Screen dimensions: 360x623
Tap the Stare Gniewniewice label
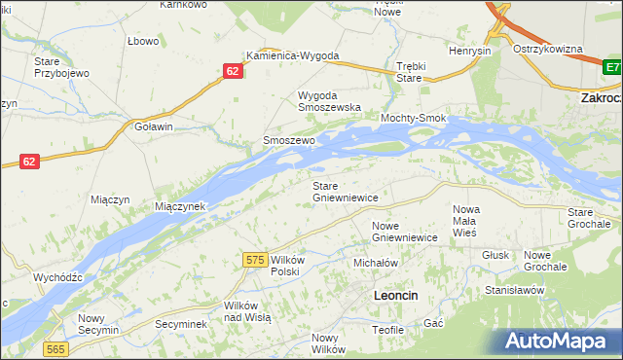[x=344, y=191]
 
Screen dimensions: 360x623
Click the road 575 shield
[x=255, y=260]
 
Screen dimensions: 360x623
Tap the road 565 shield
[x=55, y=349]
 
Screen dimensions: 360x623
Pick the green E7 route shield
[x=611, y=67]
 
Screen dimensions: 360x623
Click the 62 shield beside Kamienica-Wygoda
[x=232, y=71]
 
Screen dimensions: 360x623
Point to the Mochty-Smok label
[x=413, y=119]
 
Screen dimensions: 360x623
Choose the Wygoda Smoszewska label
[x=329, y=101]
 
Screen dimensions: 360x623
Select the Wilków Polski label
[x=290, y=266]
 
